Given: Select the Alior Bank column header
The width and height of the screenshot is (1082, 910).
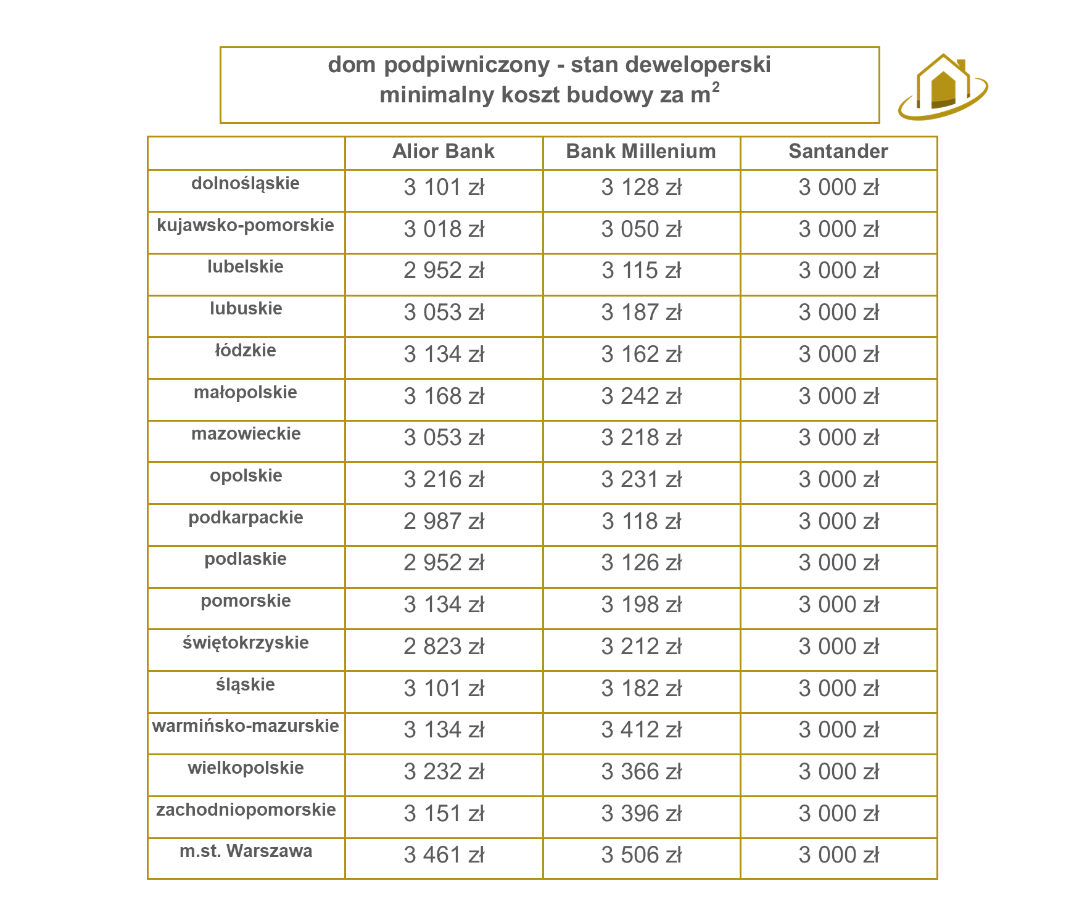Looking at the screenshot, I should pyautogui.click(x=444, y=151).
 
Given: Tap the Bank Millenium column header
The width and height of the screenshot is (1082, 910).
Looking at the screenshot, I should pyautogui.click(x=641, y=151).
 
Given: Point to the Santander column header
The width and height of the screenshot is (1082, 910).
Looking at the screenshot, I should pyautogui.click(x=838, y=151).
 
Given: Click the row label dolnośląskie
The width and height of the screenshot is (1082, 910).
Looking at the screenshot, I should pyautogui.click(x=246, y=183).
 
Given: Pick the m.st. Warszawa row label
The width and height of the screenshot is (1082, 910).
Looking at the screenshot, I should pyautogui.click(x=246, y=851).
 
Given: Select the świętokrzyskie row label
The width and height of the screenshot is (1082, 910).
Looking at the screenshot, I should pyautogui.click(x=246, y=642).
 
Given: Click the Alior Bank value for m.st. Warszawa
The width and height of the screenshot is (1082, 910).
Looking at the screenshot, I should pyautogui.click(x=444, y=855).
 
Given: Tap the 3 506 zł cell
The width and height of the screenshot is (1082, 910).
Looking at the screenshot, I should pyautogui.click(x=641, y=855).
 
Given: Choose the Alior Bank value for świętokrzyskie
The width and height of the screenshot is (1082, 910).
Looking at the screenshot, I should pyautogui.click(x=444, y=647).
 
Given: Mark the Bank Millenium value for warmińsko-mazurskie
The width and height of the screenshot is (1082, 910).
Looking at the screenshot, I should pyautogui.click(x=641, y=730).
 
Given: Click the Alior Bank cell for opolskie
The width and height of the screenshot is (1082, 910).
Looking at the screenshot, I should pyautogui.click(x=444, y=480).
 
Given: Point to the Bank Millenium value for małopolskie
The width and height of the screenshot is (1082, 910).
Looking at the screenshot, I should pyautogui.click(x=641, y=396).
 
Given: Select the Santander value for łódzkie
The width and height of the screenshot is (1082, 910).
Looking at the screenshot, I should pyautogui.click(x=838, y=355).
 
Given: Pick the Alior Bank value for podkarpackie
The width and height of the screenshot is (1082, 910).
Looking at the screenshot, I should pyautogui.click(x=444, y=522).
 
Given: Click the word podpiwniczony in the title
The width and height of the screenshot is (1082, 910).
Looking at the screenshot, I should pyautogui.click(x=466, y=65).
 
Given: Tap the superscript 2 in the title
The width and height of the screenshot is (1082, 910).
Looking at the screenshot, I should pyautogui.click(x=716, y=87).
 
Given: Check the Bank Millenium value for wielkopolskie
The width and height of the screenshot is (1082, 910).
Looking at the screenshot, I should pyautogui.click(x=641, y=772).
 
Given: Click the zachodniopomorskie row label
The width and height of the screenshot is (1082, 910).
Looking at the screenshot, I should pyautogui.click(x=246, y=810).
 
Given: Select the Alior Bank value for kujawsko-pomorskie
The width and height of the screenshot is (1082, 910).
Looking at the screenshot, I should pyautogui.click(x=444, y=229).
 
